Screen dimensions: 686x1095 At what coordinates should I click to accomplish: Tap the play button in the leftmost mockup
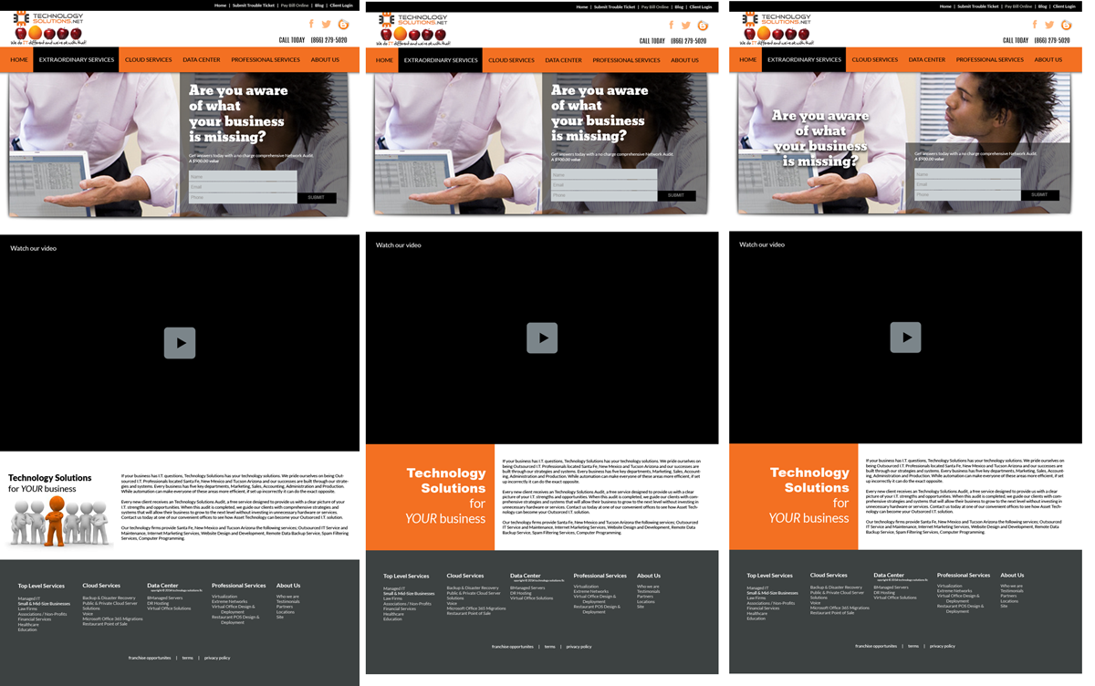[x=180, y=343]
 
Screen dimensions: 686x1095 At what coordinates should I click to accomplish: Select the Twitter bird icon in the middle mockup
[x=686, y=26]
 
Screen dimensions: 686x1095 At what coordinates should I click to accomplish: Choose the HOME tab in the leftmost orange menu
[x=20, y=60]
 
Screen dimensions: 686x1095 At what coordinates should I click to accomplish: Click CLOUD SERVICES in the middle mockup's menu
[x=511, y=60]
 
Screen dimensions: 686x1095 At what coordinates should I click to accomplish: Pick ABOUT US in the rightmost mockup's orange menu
[x=1048, y=60]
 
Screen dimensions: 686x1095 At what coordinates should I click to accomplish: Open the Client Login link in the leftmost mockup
[x=341, y=5]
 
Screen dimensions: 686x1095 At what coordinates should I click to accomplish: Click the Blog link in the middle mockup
[x=679, y=6]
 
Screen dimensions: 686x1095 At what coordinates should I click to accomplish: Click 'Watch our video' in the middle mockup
[x=399, y=244]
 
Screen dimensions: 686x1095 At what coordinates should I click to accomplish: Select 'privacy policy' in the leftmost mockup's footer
[x=217, y=658]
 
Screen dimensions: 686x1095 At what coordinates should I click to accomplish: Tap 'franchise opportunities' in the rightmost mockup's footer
[x=876, y=646]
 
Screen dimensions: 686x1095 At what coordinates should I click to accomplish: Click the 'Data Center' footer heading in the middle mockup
[x=526, y=576]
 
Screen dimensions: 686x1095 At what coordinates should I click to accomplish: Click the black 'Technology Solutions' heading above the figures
[x=50, y=478]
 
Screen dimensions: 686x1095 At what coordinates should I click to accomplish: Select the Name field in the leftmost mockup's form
[x=243, y=176]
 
